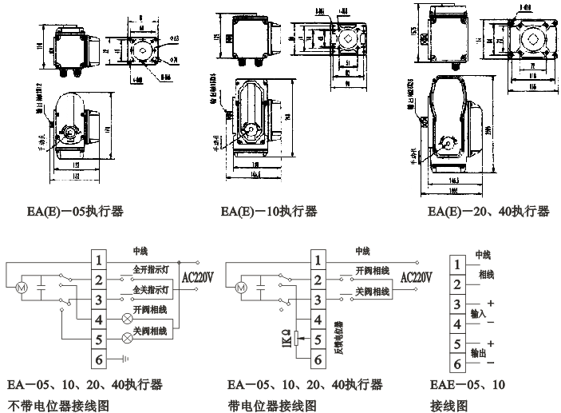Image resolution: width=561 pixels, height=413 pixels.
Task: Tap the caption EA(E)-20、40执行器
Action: (x=488, y=212)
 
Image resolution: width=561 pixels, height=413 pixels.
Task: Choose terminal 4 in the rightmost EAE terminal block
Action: (x=458, y=325)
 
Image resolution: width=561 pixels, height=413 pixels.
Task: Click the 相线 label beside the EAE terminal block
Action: (x=486, y=274)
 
